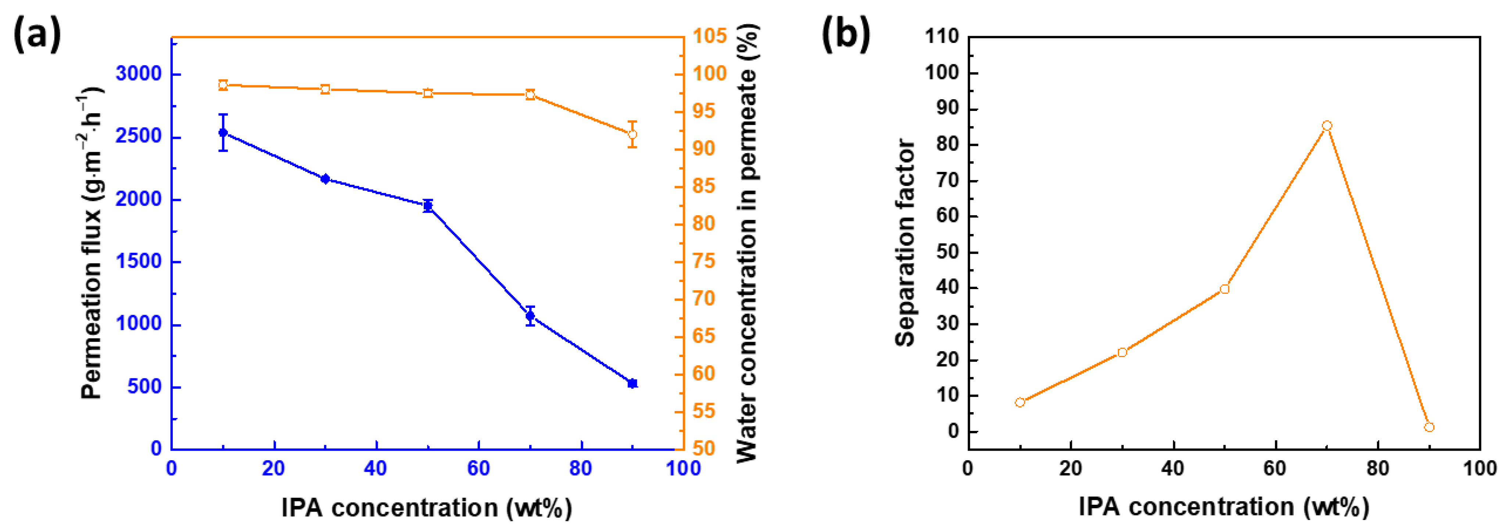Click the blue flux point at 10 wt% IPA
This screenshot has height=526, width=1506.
click(223, 133)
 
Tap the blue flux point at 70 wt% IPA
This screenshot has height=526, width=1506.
click(530, 316)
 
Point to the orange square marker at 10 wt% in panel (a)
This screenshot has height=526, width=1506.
click(223, 85)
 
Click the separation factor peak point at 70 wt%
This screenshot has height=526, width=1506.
click(1327, 126)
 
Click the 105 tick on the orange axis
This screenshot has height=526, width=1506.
click(710, 36)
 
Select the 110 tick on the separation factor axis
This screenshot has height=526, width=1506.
click(942, 37)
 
